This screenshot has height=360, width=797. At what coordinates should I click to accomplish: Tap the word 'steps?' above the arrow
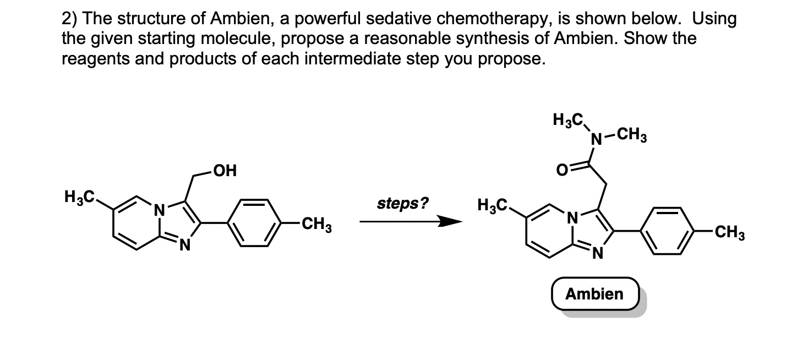[402, 204]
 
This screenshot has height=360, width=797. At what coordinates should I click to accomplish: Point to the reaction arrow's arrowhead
[451, 222]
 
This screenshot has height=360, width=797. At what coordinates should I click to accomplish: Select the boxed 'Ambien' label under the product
[594, 294]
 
